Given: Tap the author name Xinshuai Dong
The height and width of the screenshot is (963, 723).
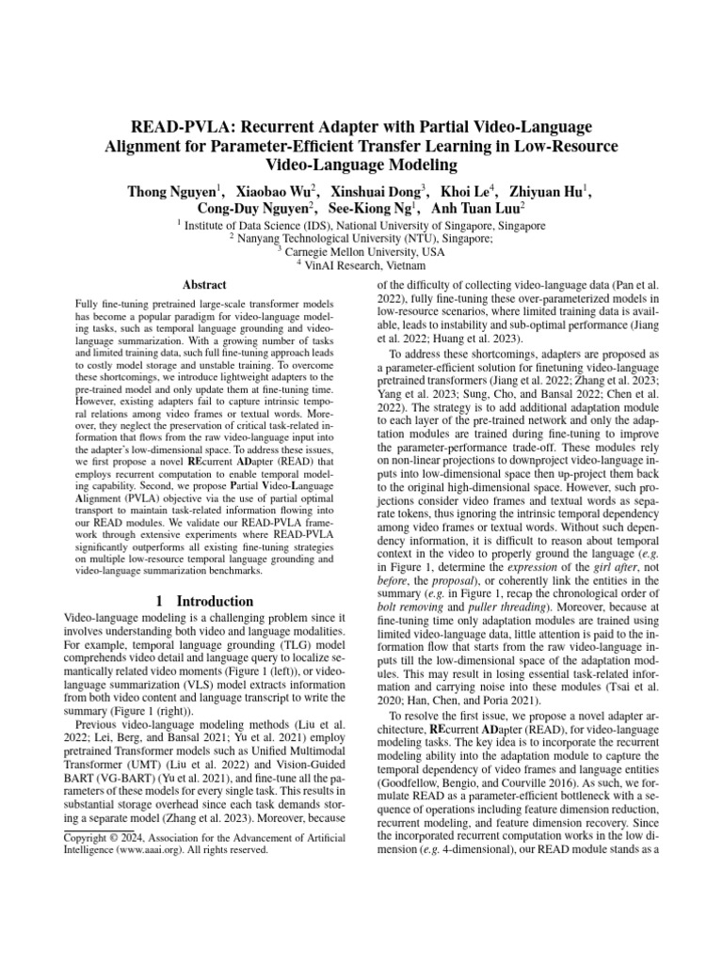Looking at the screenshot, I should [x=374, y=191].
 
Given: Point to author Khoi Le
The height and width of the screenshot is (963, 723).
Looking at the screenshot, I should [x=469, y=191].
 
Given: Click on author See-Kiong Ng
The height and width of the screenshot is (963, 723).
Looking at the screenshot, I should [x=373, y=209].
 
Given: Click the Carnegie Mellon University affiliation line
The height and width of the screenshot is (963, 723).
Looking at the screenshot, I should [x=362, y=253].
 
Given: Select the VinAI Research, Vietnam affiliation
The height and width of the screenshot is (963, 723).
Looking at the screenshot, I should [x=361, y=266].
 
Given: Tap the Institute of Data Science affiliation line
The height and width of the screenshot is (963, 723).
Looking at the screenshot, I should [x=361, y=227].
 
